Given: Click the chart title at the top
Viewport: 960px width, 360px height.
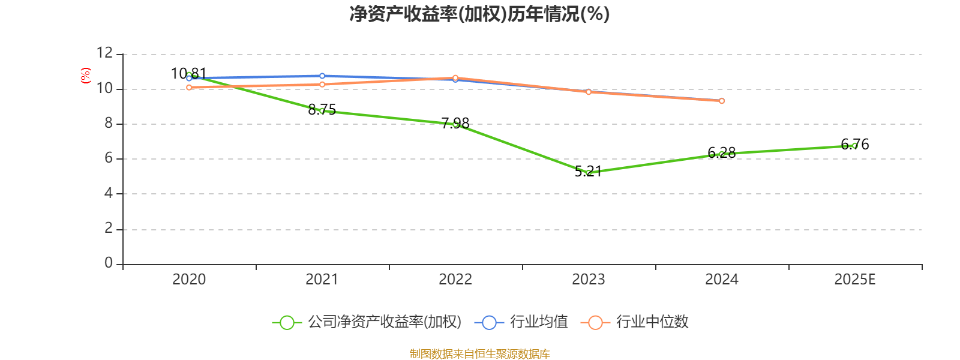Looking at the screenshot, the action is coord(479,14).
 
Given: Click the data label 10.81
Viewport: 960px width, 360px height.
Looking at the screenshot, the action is coord(188,74).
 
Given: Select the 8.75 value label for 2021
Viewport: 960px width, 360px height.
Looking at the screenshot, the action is coord(322,109).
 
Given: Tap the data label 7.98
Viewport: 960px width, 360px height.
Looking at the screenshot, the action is coord(455,124).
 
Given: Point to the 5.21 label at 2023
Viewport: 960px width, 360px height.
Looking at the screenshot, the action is coord(589,172).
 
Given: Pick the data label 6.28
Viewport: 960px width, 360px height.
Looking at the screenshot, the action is coord(722,152).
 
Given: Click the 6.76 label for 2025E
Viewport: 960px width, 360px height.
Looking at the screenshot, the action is coord(855,145).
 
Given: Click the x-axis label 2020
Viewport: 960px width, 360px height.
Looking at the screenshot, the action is coord(189,280).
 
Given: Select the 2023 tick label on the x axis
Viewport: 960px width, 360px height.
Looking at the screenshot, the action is coord(589,280).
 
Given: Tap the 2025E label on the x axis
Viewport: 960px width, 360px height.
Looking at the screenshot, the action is coord(855,280).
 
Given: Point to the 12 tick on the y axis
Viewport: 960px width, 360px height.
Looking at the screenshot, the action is coord(104,53).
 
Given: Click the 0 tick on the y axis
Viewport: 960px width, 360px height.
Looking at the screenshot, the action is coord(109,263).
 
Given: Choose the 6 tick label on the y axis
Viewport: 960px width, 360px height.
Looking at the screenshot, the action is coord(109,158).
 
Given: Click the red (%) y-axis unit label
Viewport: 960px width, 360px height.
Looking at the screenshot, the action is coord(86,76).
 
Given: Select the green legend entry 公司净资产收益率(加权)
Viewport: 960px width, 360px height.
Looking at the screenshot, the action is coord(367,322).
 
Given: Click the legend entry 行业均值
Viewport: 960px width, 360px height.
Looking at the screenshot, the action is coord(521,322).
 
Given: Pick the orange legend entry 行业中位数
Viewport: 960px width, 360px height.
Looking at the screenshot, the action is coord(635,322).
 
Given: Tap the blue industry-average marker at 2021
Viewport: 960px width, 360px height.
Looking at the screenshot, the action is coord(322,76).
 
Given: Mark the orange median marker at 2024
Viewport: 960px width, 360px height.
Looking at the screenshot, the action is coord(722,101).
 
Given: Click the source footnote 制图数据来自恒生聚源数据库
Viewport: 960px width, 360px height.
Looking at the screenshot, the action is coord(479,353).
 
